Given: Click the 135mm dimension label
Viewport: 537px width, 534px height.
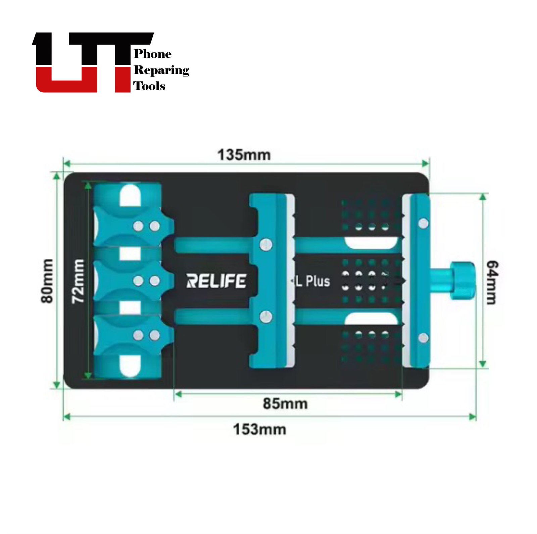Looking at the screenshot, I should [244, 155].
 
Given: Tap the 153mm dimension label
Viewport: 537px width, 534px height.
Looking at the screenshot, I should [259, 429].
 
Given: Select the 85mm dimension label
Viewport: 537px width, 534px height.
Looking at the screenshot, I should [285, 403].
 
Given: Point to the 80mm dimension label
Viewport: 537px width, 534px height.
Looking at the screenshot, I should [47, 281].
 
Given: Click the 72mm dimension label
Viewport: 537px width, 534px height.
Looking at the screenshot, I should [78, 281].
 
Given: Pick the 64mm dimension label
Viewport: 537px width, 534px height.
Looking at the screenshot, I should [492, 282].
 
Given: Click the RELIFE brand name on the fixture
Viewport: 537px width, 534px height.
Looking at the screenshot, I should [216, 281].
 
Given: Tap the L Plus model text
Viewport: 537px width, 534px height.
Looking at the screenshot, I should [312, 281].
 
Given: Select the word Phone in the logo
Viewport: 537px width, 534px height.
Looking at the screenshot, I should [153, 54].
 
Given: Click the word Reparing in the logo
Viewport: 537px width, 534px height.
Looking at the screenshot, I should [161, 70].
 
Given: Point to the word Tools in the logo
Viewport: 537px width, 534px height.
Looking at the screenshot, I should [149, 86].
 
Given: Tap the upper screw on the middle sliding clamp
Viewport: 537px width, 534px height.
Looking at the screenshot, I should [266, 244].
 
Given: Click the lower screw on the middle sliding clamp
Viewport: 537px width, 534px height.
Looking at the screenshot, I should [266, 317].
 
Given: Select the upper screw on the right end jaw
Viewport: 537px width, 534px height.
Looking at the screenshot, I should [424, 223].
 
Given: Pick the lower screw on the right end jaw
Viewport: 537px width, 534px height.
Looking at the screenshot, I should [424, 338].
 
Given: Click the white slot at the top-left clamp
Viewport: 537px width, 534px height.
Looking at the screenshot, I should [130, 195].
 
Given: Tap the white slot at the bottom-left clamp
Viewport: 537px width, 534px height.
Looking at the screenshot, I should [130, 366].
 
